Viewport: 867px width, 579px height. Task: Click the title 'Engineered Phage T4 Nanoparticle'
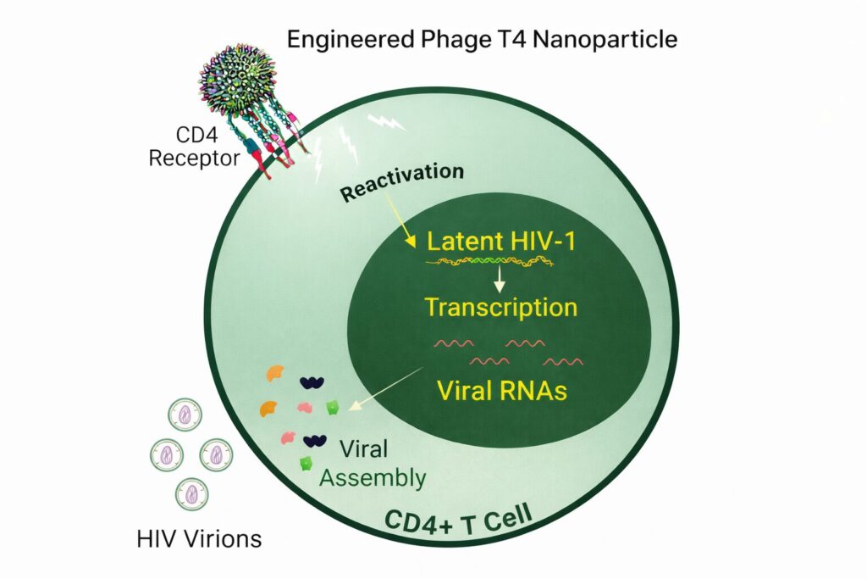point(482,39)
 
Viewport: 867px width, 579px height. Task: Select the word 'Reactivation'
point(402,181)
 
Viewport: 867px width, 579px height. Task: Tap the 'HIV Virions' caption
point(200,537)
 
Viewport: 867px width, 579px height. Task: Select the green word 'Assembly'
point(372,478)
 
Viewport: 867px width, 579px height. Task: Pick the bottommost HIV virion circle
point(191,493)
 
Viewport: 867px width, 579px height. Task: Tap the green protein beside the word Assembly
point(305,464)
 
